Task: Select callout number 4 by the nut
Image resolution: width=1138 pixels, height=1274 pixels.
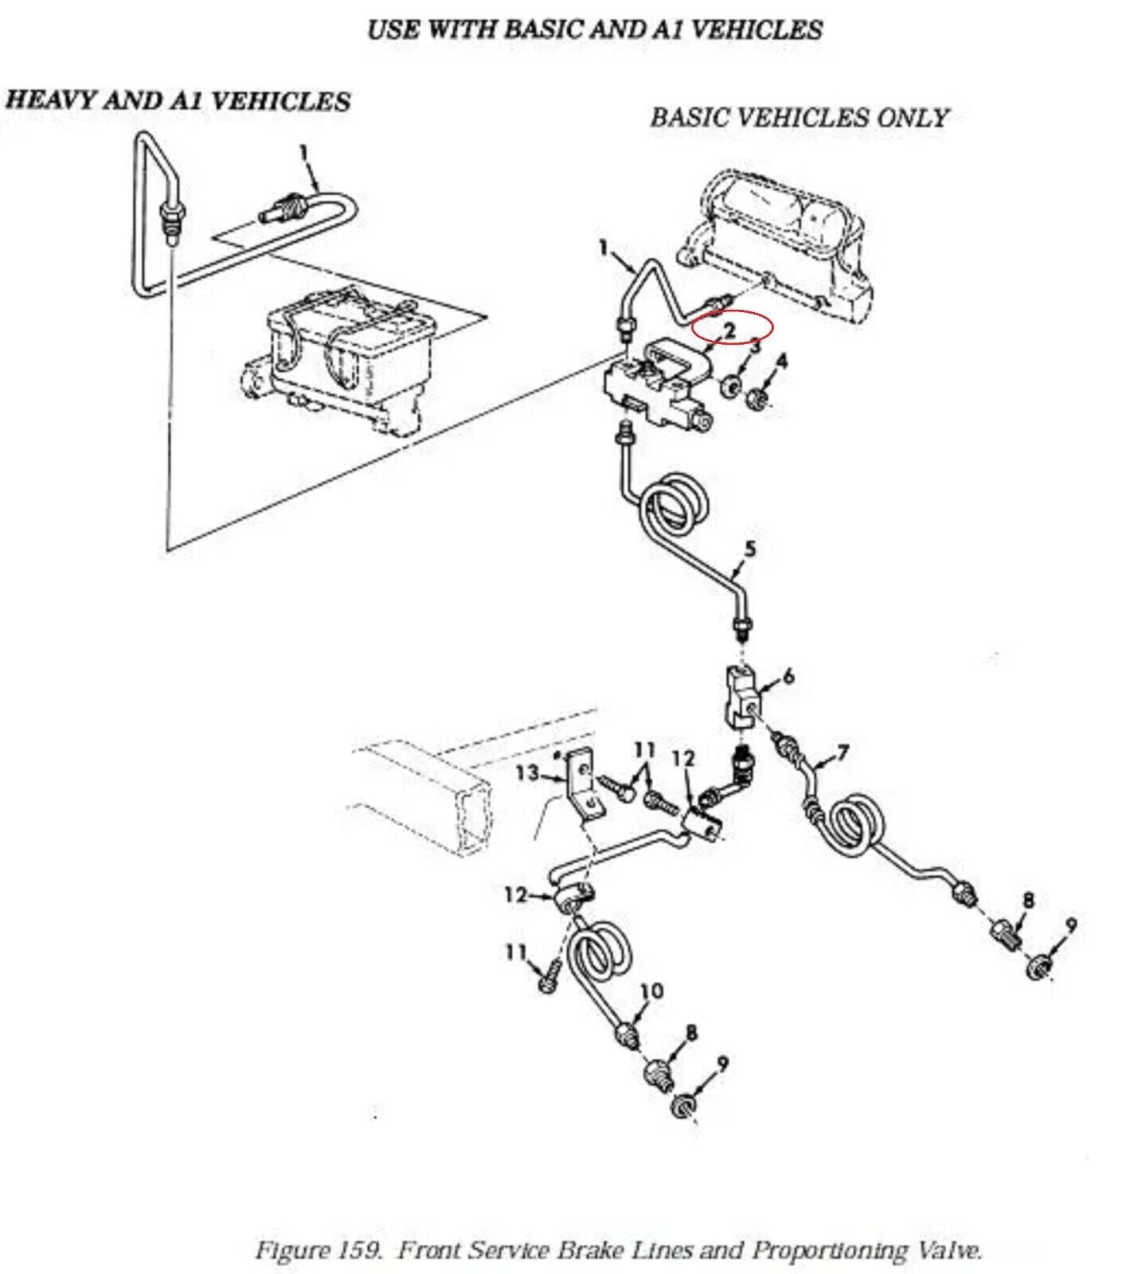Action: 781,361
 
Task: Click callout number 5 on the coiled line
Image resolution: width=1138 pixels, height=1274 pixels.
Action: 749,549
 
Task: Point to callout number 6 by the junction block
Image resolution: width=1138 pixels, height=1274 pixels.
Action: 788,676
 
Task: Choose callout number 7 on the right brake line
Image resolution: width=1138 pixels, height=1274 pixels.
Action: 843,752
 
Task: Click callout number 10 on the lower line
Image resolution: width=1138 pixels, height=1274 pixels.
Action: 651,991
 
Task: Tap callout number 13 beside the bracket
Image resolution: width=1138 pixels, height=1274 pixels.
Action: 527,772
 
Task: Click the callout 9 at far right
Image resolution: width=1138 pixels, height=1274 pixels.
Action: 1071,925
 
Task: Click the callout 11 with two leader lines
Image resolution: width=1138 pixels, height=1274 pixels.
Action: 644,750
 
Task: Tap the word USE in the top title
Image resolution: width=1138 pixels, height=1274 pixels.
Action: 393,29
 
